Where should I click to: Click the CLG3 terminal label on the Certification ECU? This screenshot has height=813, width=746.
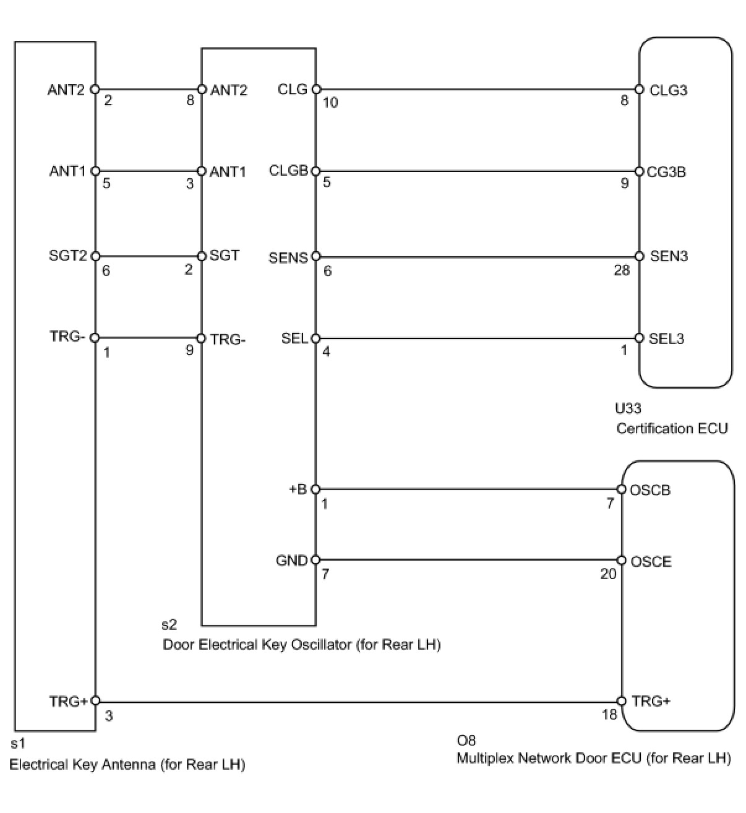(x=668, y=90)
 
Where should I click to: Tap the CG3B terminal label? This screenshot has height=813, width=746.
(x=666, y=172)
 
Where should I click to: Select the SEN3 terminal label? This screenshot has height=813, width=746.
(x=669, y=256)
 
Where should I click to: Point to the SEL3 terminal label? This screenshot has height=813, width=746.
(x=666, y=338)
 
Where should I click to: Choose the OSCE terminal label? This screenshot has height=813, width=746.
(x=651, y=562)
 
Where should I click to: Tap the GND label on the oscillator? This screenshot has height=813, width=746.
(x=291, y=561)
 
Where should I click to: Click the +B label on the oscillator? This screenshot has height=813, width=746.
(x=298, y=489)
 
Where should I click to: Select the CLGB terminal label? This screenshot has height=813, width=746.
(x=288, y=171)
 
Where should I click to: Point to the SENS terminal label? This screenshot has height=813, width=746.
(x=288, y=257)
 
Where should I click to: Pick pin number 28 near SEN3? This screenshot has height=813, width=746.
(x=621, y=270)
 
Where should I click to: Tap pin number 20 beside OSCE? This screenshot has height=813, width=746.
(x=608, y=575)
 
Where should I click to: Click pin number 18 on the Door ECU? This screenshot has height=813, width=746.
(x=609, y=715)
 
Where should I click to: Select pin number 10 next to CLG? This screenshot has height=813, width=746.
(x=330, y=103)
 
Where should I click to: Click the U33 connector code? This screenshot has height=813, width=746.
(x=628, y=408)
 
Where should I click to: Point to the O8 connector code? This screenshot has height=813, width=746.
(x=466, y=740)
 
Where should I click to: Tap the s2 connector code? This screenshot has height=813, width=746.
(x=168, y=625)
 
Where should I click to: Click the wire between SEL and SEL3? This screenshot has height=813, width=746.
(x=476, y=338)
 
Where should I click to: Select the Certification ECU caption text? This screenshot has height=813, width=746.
(x=672, y=428)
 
